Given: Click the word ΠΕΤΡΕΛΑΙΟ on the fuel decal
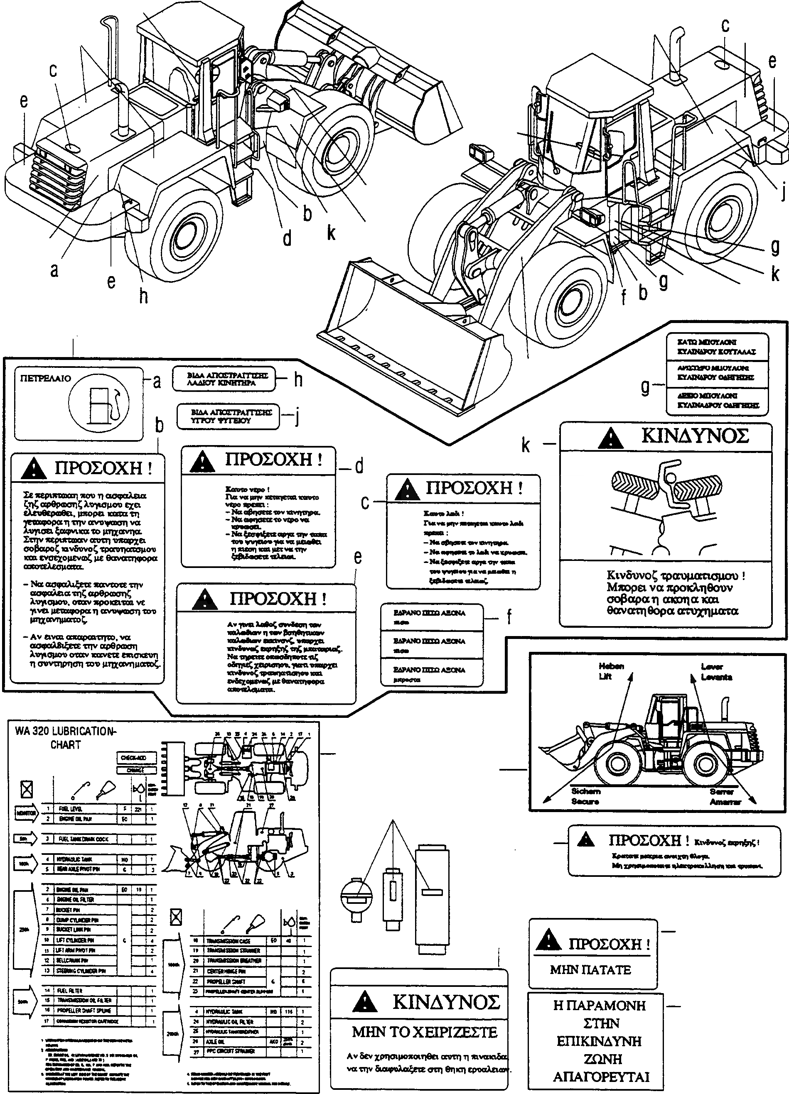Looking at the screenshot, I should pyautogui.click(x=45, y=379).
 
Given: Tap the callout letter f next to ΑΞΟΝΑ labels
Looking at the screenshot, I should pyautogui.click(x=509, y=617).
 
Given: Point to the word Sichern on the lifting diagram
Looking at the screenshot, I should pyautogui.click(x=586, y=792).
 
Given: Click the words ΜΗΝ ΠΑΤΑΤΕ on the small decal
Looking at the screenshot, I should pyautogui.click(x=590, y=969).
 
